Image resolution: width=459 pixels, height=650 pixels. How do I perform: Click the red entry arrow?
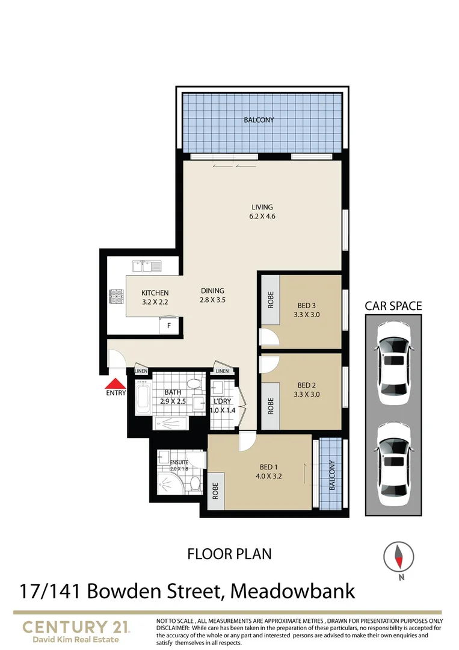tap(115, 384)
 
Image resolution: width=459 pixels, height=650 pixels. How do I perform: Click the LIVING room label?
tap(263, 208)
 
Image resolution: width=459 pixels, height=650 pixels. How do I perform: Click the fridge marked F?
tap(169, 326)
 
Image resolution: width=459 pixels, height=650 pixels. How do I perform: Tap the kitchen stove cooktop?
tap(116, 297)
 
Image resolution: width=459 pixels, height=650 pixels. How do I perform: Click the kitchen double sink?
tap(144, 264)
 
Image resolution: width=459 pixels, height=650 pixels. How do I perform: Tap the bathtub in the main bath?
tap(143, 400)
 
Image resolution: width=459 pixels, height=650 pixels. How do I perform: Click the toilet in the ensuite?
tap(194, 483)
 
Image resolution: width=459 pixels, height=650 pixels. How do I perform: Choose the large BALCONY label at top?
tap(259, 120)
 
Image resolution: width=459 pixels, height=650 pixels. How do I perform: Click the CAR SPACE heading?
tap(393, 306)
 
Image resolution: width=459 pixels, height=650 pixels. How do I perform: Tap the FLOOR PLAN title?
tap(230, 553)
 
